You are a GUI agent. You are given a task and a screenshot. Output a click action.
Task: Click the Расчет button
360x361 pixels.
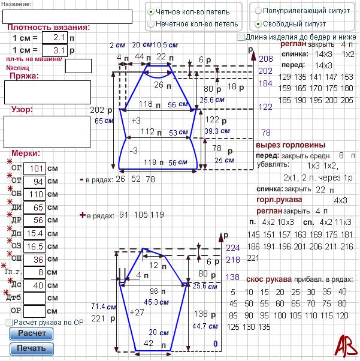[31, 333]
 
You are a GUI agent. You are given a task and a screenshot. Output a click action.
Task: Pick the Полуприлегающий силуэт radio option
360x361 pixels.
[258, 11]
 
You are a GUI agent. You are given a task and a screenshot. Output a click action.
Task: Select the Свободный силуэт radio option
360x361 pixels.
[258, 24]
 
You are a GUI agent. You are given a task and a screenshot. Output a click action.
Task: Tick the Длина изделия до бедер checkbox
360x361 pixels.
[240, 37]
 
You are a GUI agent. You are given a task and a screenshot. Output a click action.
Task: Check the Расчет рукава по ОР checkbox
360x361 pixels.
[8, 323]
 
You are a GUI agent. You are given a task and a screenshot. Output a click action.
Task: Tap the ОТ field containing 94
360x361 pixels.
[37, 182]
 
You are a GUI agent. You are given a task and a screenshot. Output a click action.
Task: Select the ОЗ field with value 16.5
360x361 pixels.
[37, 246]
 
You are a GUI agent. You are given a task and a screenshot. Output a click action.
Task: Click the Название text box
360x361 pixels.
[68, 16]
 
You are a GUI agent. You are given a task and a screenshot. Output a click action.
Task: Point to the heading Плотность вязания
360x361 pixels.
[49, 27]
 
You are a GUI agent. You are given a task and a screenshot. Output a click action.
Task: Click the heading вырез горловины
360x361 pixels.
[291, 145]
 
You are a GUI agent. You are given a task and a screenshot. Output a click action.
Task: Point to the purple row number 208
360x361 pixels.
[266, 59]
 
